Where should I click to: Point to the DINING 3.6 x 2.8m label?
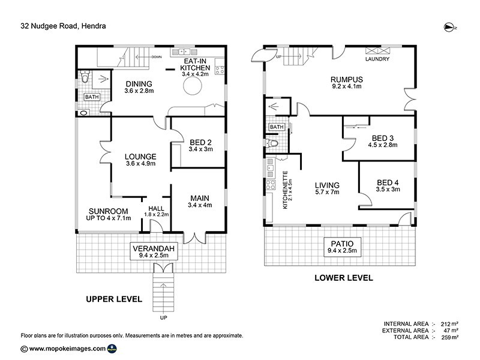coord(140,87)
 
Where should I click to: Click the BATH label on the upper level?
coord(91,97)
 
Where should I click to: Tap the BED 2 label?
coord(200,145)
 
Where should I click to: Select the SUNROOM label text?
coord(109,215)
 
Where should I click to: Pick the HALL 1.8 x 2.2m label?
coord(156,211)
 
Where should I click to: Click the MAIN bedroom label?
coord(200,202)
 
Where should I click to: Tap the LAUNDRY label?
coord(377,59)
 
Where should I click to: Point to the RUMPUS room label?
coord(347,83)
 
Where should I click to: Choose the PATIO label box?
coord(344,247)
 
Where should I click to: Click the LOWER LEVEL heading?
coord(344,278)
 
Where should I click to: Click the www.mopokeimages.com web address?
coord(67,348)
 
